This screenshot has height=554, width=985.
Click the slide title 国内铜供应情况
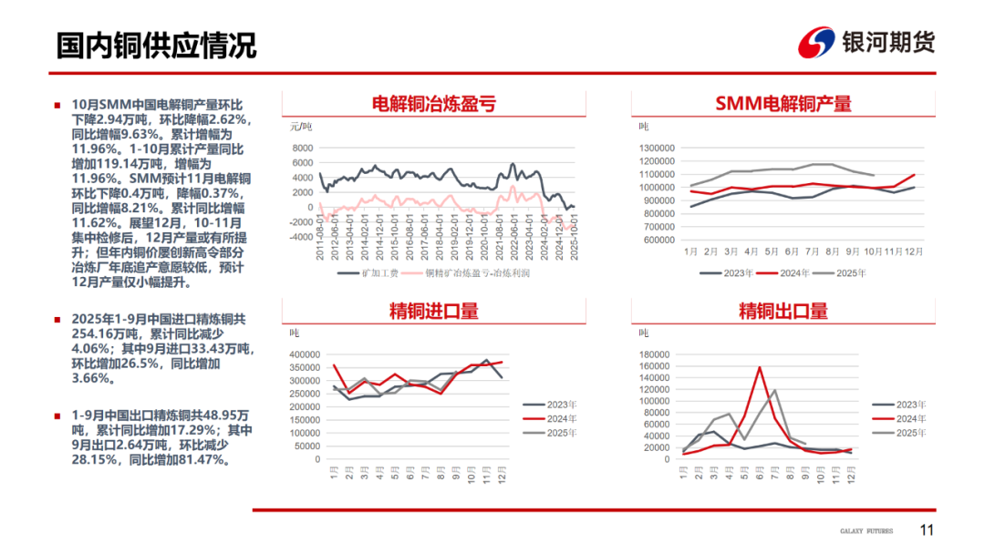tap(156, 45)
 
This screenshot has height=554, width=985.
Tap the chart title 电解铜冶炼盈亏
tap(433, 103)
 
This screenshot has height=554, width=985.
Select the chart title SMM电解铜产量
tap(783, 103)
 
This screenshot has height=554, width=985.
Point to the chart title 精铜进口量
tap(433, 311)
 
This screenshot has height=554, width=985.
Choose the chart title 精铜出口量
tap(783, 311)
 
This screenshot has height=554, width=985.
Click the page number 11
tap(927, 531)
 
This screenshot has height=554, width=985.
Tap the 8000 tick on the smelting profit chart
tap(304, 148)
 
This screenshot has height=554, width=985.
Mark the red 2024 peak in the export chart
tap(760, 368)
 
